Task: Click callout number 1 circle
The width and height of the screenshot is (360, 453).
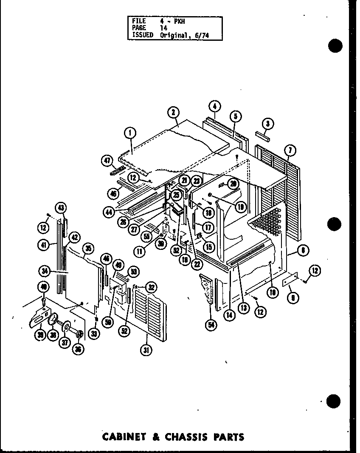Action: click(x=130, y=134)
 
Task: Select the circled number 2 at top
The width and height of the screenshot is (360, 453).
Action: click(x=173, y=113)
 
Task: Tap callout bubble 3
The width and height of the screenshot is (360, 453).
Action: click(x=267, y=124)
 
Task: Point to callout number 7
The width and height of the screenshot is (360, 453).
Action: click(x=291, y=150)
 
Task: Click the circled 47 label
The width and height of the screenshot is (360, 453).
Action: click(x=107, y=160)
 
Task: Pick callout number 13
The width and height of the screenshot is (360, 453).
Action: click(x=243, y=308)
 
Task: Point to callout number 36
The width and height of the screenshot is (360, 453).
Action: click(x=79, y=348)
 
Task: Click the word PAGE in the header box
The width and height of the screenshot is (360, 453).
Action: click(x=139, y=28)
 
